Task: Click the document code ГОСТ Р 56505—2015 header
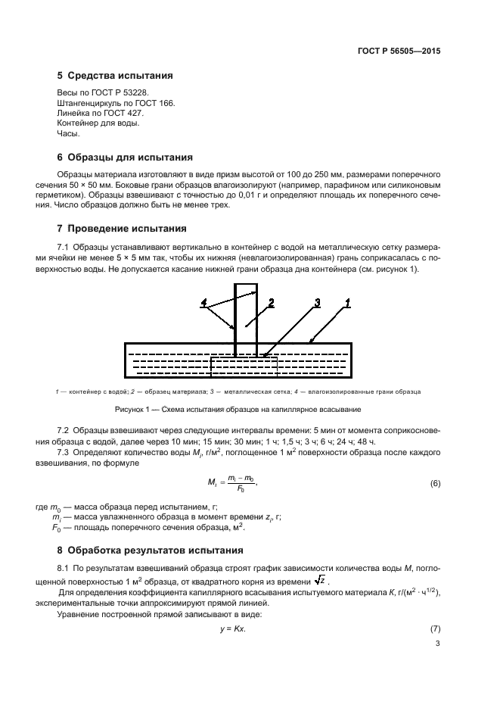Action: pyautogui.click(x=399, y=52)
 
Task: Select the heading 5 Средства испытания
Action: pyautogui.click(x=115, y=76)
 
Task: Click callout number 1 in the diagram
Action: pyautogui.click(x=347, y=302)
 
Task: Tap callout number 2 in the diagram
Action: pyautogui.click(x=269, y=302)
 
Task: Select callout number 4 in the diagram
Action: pyautogui.click(x=203, y=303)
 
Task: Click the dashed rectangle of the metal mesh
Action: pyautogui.click(x=244, y=366)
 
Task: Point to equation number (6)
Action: pyautogui.click(x=434, y=483)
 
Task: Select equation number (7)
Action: pyautogui.click(x=434, y=630)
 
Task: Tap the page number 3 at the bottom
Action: pyautogui.click(x=437, y=644)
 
